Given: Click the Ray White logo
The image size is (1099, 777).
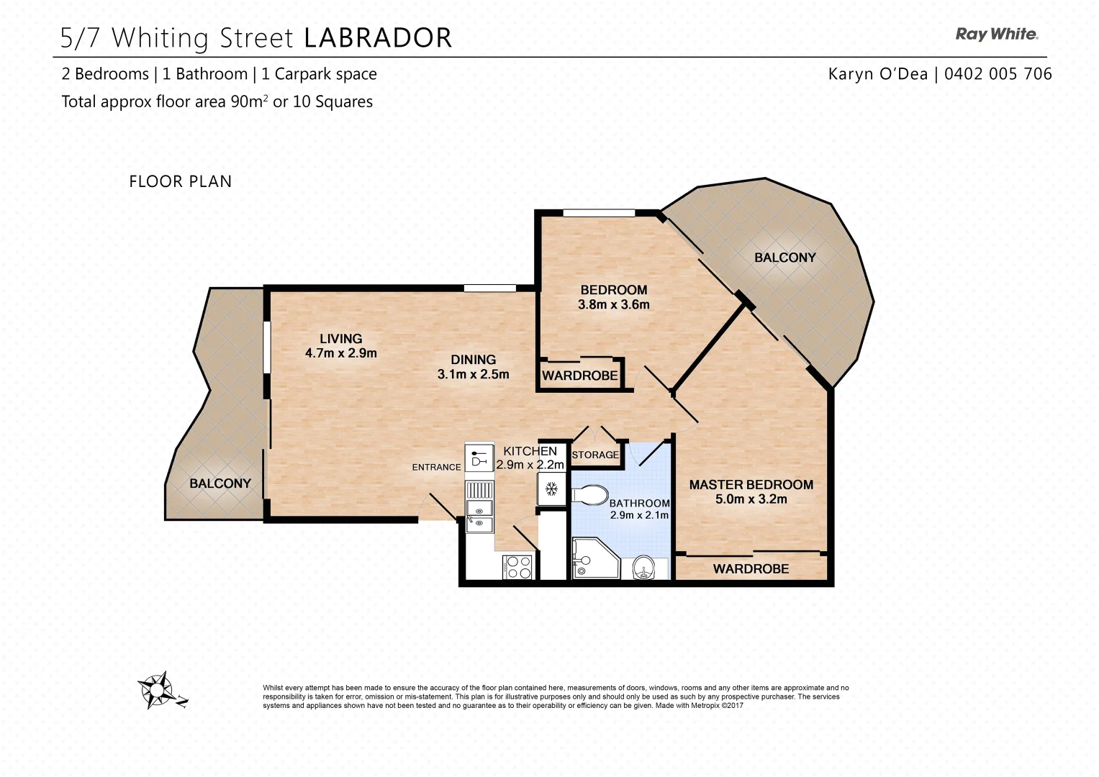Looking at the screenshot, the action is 997,34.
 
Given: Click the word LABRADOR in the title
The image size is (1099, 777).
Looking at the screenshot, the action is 378,37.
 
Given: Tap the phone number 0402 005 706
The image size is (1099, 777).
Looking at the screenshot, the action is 998,74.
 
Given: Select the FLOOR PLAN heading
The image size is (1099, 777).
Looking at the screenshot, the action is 180,181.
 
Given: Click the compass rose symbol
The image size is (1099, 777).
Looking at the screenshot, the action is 157,690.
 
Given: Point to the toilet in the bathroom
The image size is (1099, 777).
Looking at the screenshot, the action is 589,495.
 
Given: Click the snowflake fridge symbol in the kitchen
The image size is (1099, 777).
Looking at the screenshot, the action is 552,489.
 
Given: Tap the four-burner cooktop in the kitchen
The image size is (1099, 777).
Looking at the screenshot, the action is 517,567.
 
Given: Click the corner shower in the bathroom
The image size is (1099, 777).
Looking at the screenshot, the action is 596,559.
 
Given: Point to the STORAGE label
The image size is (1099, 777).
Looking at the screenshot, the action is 595,455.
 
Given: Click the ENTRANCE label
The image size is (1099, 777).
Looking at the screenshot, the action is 436,468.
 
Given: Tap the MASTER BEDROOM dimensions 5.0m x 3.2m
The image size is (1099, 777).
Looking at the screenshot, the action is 751,499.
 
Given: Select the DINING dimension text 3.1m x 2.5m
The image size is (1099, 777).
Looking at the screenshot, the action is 473,374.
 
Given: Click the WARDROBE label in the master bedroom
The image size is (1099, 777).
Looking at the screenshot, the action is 751,569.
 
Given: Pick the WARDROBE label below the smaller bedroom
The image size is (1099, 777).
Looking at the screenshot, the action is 580,376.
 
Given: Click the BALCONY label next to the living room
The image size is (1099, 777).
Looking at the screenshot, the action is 220,483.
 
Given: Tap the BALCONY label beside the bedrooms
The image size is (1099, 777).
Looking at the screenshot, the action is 785,258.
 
